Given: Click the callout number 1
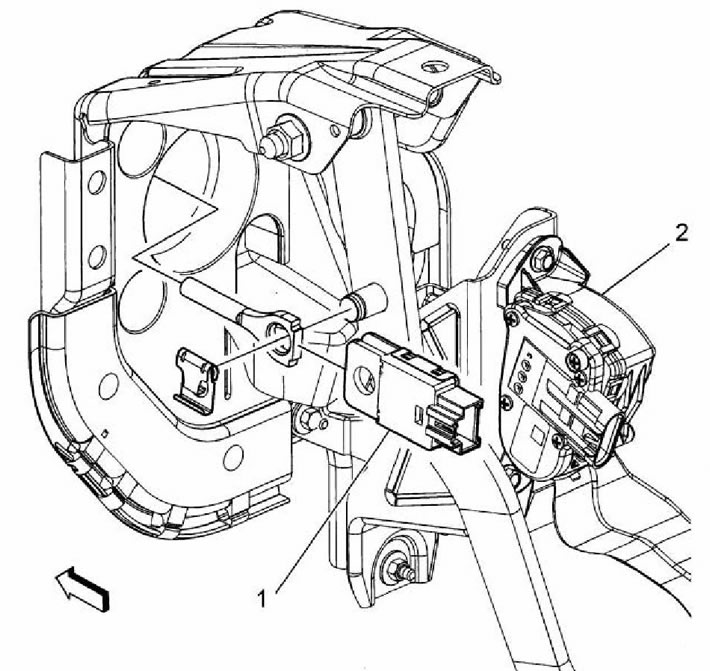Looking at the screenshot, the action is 262,599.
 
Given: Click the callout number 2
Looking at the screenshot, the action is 681,233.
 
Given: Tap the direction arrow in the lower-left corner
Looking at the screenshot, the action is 82,588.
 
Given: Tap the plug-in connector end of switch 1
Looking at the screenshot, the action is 454,422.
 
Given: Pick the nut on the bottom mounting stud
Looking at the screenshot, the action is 397,568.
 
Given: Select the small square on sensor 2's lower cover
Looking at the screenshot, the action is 537,436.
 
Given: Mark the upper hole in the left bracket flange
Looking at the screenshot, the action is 97,184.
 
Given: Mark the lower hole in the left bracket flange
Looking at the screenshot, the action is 97,256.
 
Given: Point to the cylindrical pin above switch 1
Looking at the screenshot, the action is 365,303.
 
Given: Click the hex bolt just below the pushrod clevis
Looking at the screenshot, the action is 308,419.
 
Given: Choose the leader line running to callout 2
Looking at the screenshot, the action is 637,267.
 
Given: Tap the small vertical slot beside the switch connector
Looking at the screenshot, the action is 419,413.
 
